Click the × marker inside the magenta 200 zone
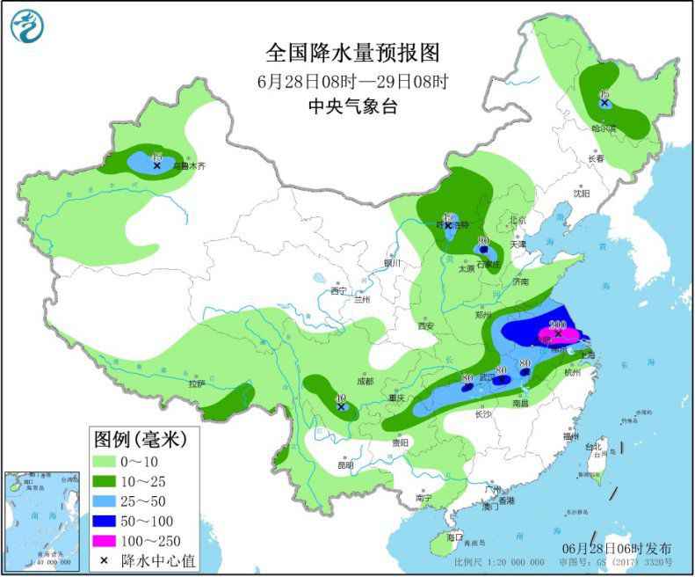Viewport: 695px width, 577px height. pos(558,333)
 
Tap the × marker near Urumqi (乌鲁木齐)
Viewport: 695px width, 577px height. pos(157,164)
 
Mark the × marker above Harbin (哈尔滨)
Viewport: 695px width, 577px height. pos(605,103)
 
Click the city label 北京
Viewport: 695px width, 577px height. pos(517,220)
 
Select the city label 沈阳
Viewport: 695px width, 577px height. pos(581,193)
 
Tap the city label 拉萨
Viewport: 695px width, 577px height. pos(196,383)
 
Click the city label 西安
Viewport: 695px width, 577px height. pos(427,325)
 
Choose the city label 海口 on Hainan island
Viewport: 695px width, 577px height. pos(454,537)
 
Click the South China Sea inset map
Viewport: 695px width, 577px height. pos(40,520)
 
